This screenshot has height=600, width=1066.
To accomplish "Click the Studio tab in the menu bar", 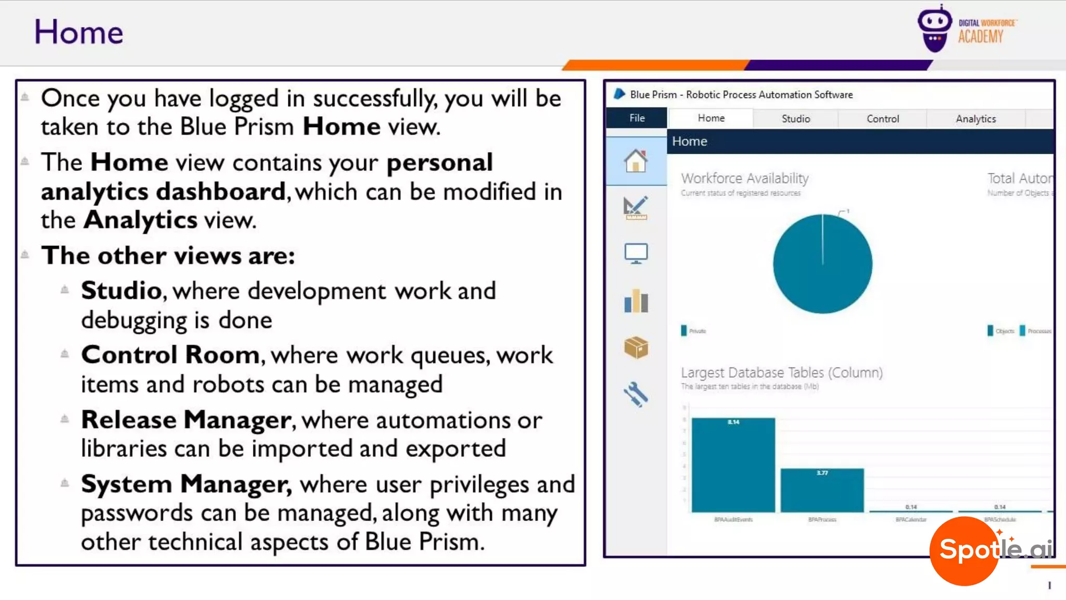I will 795,119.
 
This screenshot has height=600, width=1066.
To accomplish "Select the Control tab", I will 882,119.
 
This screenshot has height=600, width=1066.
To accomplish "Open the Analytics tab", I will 975,119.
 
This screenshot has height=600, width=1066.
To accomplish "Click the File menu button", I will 637,118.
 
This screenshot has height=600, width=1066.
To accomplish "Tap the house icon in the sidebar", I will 636,161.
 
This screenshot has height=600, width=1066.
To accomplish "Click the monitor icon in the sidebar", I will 636,254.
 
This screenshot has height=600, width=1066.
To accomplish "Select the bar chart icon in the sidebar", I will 636,301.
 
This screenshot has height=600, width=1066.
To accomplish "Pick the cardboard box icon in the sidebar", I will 636,347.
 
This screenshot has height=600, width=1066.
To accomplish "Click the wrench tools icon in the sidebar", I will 636,394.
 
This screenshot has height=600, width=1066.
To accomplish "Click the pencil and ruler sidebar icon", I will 636,208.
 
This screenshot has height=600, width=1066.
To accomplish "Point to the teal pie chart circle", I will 822,264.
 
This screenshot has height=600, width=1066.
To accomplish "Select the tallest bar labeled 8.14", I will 733,465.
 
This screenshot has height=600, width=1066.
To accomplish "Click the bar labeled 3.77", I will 822,490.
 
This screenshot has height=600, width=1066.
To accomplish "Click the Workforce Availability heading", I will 744,178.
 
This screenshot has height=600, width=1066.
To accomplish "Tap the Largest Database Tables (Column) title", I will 781,373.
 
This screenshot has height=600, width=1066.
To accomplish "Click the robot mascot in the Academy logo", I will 934,29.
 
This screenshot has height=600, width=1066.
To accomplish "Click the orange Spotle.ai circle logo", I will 964,551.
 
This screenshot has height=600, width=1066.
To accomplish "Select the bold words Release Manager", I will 186,420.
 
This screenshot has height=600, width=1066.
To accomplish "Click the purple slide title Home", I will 79,32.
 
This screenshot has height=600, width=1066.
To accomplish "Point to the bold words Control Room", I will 170,355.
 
